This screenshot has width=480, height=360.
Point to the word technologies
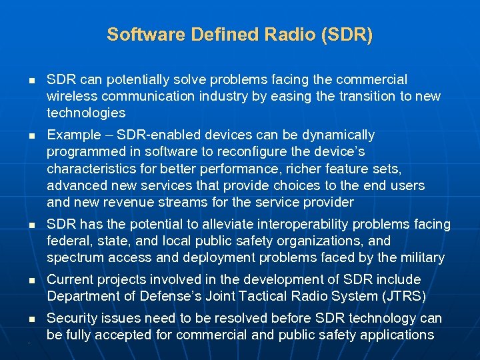point(86,113)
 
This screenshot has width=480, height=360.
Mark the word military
point(422,257)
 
